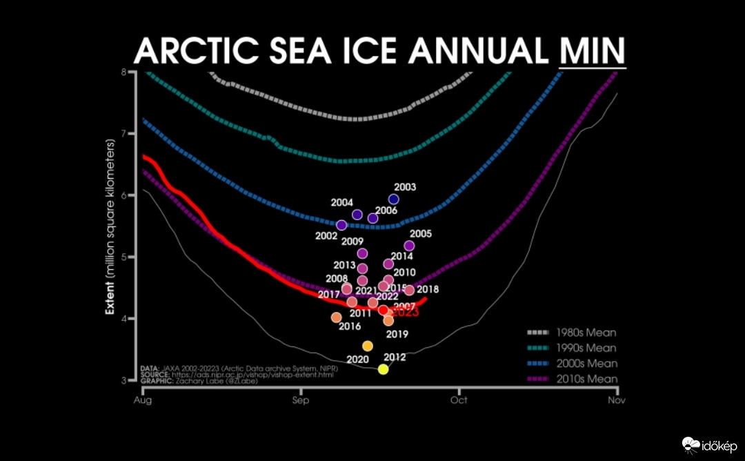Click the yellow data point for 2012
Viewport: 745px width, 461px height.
tap(383, 369)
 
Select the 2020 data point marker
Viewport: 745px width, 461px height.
tap(368, 346)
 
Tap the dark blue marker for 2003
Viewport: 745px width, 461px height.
tap(394, 199)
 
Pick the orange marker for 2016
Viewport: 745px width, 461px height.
tap(336, 317)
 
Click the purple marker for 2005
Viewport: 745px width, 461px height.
tap(409, 246)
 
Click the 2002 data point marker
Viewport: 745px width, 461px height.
tap(341, 225)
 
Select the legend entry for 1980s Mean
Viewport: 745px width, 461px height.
tap(572, 333)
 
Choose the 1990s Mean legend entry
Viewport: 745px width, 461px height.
tap(572, 348)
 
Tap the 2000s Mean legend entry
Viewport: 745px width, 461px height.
tap(572, 363)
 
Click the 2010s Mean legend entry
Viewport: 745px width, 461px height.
tap(572, 379)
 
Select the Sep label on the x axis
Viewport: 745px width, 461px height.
tap(300, 400)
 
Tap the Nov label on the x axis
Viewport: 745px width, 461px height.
tap(616, 400)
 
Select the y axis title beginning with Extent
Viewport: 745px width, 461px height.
tap(109, 226)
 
